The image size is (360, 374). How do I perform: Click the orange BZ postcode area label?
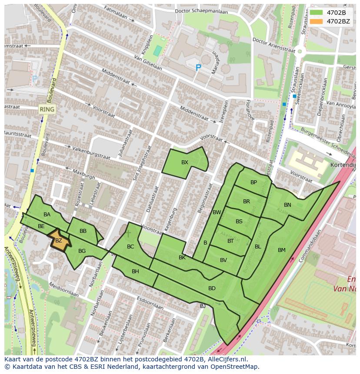[59, 241]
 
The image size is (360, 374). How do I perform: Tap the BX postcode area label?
[185, 162]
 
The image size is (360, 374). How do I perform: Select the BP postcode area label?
[253, 182]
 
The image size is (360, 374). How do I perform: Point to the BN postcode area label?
[287, 205]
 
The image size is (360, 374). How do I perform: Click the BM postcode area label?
[281, 250]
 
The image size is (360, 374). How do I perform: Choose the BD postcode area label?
[212, 288]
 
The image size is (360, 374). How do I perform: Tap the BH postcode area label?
[135, 271]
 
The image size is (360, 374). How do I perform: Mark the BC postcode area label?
[130, 247]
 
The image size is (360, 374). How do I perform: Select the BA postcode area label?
[47, 215]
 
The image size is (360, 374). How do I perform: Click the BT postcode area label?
[230, 241]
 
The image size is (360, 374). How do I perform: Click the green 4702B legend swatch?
[317, 13]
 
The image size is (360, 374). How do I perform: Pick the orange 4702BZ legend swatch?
[317, 21]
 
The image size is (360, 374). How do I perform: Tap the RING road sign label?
[47, 109]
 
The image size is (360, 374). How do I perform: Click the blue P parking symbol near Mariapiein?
[198, 68]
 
